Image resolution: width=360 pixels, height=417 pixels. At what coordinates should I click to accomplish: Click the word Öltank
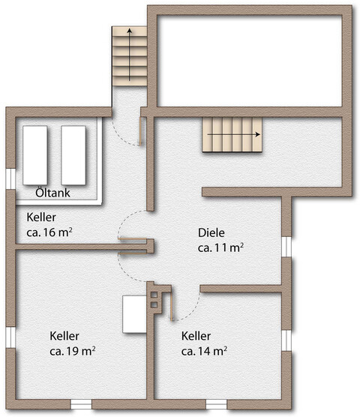tap(53, 193)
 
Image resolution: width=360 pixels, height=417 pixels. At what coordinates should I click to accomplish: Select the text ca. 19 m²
tap(72, 350)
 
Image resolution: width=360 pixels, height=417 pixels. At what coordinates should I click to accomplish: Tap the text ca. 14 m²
tap(204, 350)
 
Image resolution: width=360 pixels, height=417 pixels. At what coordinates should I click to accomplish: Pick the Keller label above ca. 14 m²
tap(196, 335)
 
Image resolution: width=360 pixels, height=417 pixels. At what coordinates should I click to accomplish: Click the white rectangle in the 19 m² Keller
tap(134, 314)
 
